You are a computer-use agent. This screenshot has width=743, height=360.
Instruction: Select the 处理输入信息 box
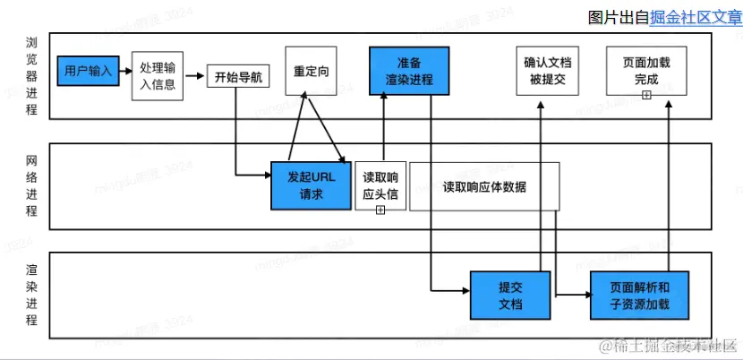(x=158, y=76)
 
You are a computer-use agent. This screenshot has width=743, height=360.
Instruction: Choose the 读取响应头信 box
(x=380, y=184)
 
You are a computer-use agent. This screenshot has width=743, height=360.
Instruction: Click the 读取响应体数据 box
(x=484, y=186)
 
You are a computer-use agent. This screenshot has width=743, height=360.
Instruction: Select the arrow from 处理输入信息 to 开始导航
(x=195, y=77)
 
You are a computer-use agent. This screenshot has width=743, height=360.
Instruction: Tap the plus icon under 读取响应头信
(x=380, y=209)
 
